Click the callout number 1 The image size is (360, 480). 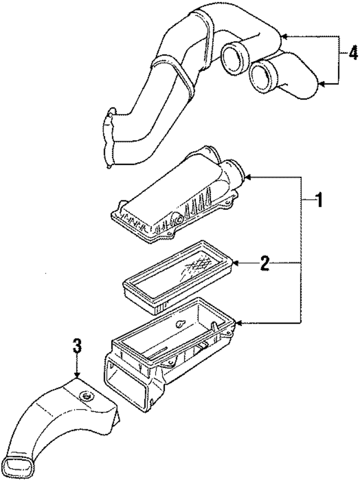pyautogui.click(x=318, y=200)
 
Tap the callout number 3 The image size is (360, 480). pyautogui.click(x=76, y=347)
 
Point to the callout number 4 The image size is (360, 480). pyautogui.click(x=352, y=53)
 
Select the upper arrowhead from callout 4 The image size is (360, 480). pyautogui.click(x=283, y=37)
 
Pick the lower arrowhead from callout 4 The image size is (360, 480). pyautogui.click(x=321, y=84)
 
